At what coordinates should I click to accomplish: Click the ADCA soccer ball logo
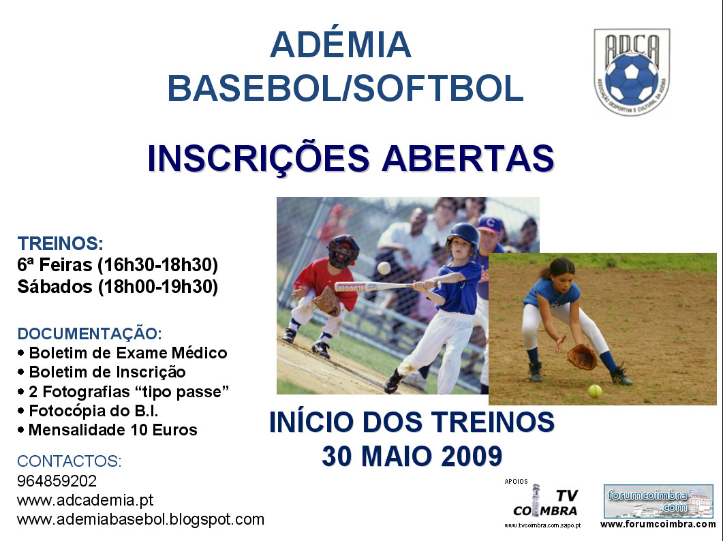(632, 72)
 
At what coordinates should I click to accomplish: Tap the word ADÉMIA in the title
(340, 45)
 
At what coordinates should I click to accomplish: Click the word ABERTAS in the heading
(467, 158)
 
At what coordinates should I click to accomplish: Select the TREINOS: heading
(60, 243)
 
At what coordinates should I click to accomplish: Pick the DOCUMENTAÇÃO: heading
(89, 333)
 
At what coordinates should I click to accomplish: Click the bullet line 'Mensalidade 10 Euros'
(113, 430)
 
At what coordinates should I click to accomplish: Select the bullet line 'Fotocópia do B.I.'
(93, 410)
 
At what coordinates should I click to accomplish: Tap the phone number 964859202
(57, 481)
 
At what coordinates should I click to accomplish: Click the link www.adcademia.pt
(85, 500)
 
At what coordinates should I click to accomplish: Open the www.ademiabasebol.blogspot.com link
(140, 520)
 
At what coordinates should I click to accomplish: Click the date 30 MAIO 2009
(412, 456)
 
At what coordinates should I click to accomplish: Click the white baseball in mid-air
(384, 268)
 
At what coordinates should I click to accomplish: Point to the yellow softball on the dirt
(595, 391)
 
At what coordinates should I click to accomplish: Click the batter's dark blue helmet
(463, 235)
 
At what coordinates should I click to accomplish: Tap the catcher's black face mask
(343, 251)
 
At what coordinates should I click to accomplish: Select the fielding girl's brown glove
(583, 357)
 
